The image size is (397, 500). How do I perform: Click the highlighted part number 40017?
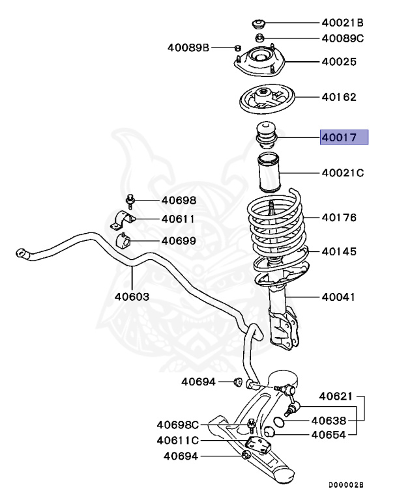tap(344, 137)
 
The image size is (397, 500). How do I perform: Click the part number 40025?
tap(338, 62)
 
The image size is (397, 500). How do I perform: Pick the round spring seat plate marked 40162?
tap(267, 100)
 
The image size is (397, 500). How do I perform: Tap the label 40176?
tap(338, 217)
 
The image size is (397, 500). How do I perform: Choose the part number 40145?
tap(338, 251)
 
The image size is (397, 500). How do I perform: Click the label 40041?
tap(338, 297)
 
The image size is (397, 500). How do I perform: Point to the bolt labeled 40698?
tap(130, 200)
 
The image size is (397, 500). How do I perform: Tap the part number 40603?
tap(132, 296)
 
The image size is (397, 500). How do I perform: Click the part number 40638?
tap(328, 421)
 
